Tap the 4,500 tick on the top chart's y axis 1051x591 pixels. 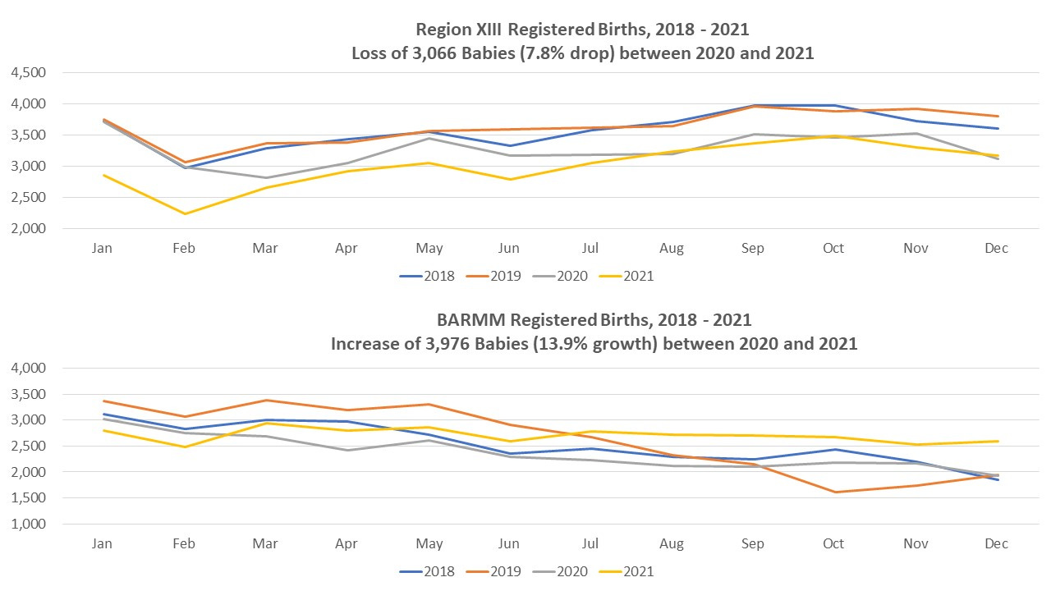(x=29, y=72)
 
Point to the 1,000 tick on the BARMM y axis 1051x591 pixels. (x=29, y=524)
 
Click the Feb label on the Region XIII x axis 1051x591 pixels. (x=184, y=248)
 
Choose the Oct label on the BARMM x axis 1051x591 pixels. (x=833, y=543)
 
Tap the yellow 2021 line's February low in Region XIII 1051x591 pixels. (x=185, y=213)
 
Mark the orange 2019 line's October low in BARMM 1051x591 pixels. (x=834, y=492)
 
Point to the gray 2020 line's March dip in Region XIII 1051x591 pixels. (x=265, y=177)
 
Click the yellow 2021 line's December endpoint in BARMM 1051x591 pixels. (x=996, y=442)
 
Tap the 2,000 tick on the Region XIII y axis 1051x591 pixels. (x=29, y=228)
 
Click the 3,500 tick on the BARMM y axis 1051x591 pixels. (x=29, y=394)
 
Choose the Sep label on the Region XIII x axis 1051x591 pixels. (x=752, y=248)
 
